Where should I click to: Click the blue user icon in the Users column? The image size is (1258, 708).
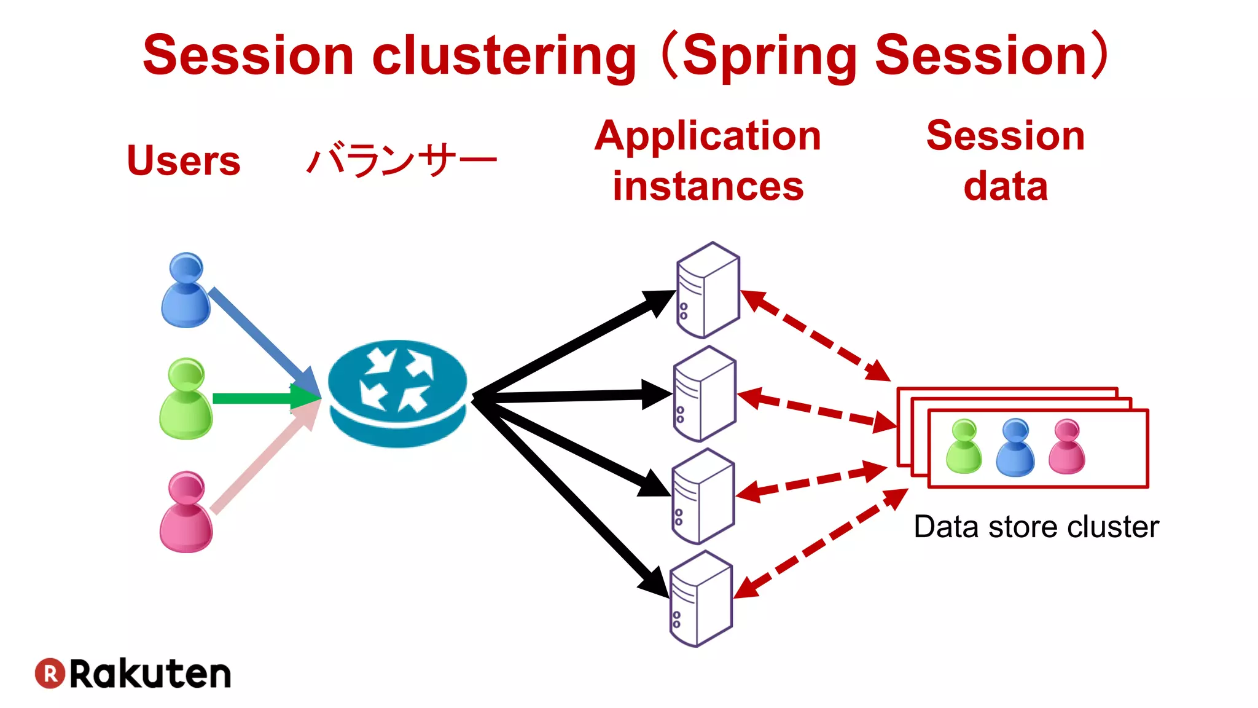pyautogui.click(x=186, y=291)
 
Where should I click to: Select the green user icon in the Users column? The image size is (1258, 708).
pyautogui.click(x=186, y=399)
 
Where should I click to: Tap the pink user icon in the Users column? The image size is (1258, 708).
pyautogui.click(x=186, y=512)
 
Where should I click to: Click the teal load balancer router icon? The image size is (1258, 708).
pyautogui.click(x=397, y=393)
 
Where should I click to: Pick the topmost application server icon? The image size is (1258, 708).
pyautogui.click(x=708, y=290)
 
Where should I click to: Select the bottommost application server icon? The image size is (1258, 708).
pyautogui.click(x=701, y=599)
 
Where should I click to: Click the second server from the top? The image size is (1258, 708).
pyautogui.click(x=705, y=394)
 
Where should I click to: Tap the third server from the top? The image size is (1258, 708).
pyautogui.click(x=703, y=497)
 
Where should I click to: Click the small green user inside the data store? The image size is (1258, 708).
pyautogui.click(x=964, y=447)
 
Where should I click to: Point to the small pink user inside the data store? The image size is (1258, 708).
pyautogui.click(x=1067, y=447)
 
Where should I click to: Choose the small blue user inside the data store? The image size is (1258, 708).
pyautogui.click(x=1015, y=447)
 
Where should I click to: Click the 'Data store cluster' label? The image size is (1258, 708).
pyautogui.click(x=1036, y=527)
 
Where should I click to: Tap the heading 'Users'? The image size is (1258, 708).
pyautogui.click(x=183, y=160)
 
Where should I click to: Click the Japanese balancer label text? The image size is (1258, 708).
pyautogui.click(x=401, y=160)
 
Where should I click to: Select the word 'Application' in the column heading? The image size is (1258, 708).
pyautogui.click(x=708, y=136)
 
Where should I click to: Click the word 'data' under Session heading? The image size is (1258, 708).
pyautogui.click(x=1006, y=186)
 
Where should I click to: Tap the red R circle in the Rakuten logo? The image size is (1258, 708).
pyautogui.click(x=50, y=674)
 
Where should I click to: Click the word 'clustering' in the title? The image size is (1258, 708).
pyautogui.click(x=504, y=57)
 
